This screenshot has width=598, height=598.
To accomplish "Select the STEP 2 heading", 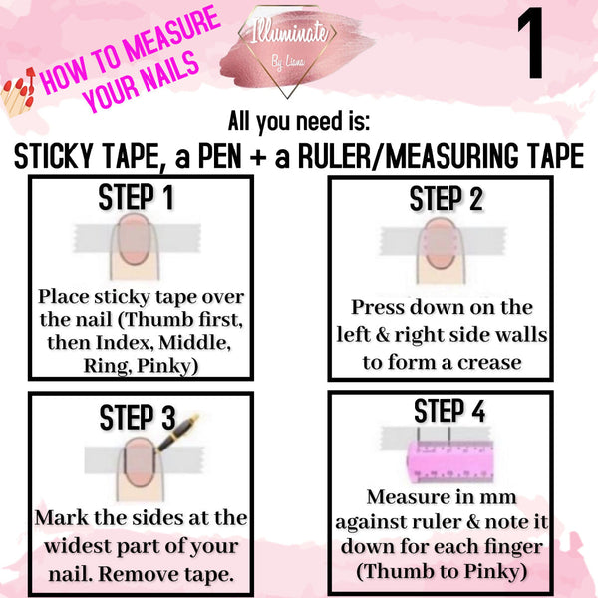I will click(x=447, y=199).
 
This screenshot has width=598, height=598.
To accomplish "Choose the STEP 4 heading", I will click(x=449, y=411).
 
